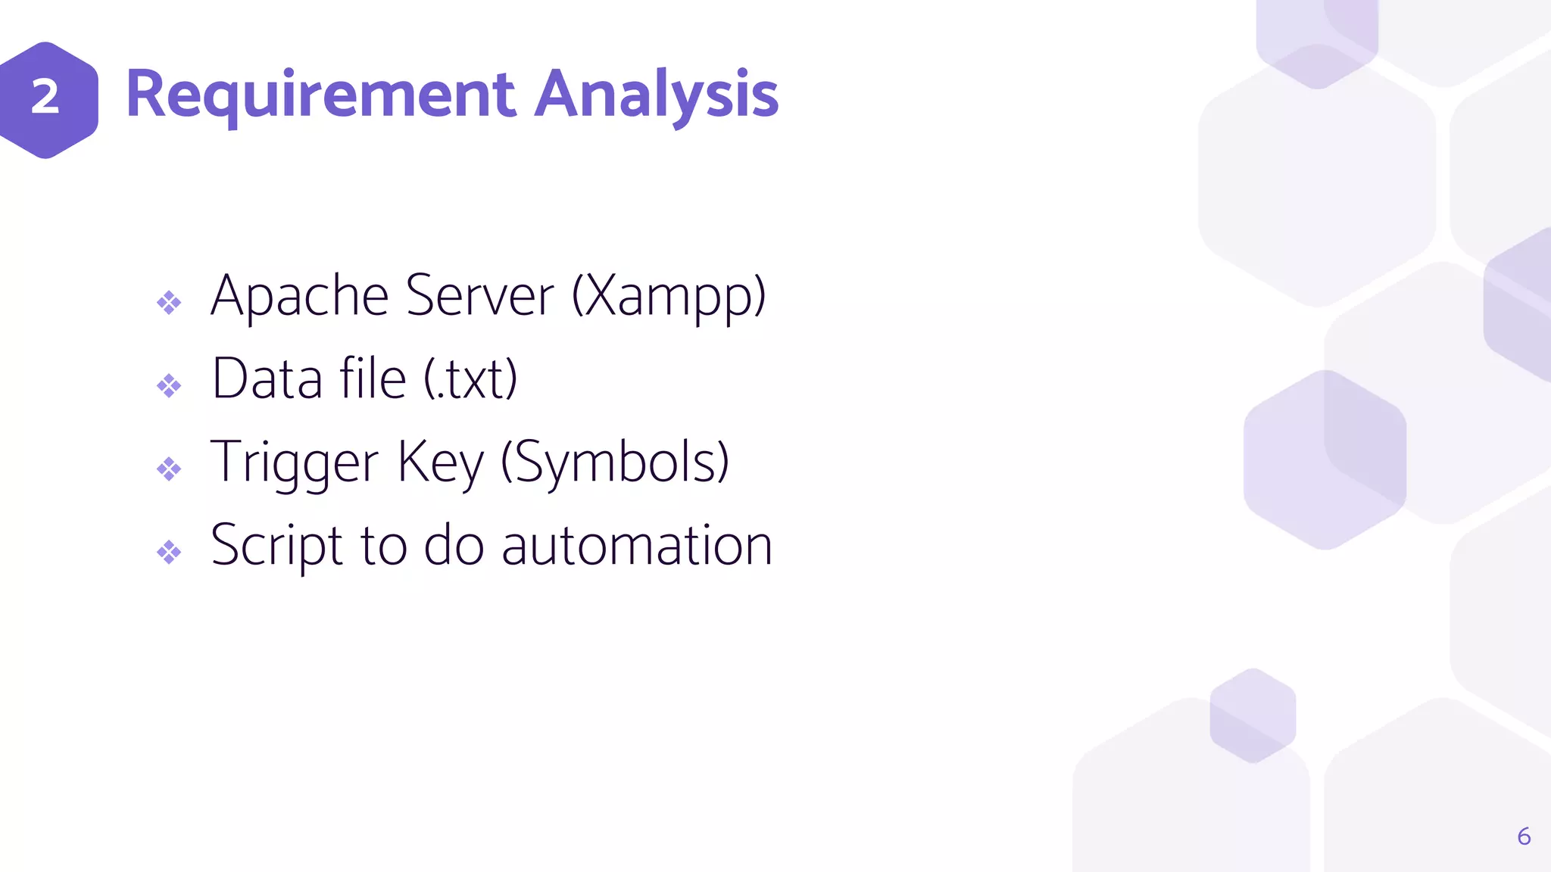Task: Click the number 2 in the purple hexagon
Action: (x=45, y=98)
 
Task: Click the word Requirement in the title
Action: (x=321, y=96)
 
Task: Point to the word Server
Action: (x=479, y=296)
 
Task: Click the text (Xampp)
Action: (x=669, y=297)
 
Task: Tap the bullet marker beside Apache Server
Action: (x=169, y=303)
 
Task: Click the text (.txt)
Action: (x=470, y=379)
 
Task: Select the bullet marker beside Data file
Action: (x=169, y=386)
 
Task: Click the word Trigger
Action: (x=294, y=463)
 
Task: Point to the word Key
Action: (x=439, y=463)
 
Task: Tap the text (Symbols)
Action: (x=615, y=463)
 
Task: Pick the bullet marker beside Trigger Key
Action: (x=169, y=469)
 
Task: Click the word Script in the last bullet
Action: (x=276, y=547)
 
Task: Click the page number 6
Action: (x=1524, y=836)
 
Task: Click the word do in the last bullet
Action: (x=454, y=547)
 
